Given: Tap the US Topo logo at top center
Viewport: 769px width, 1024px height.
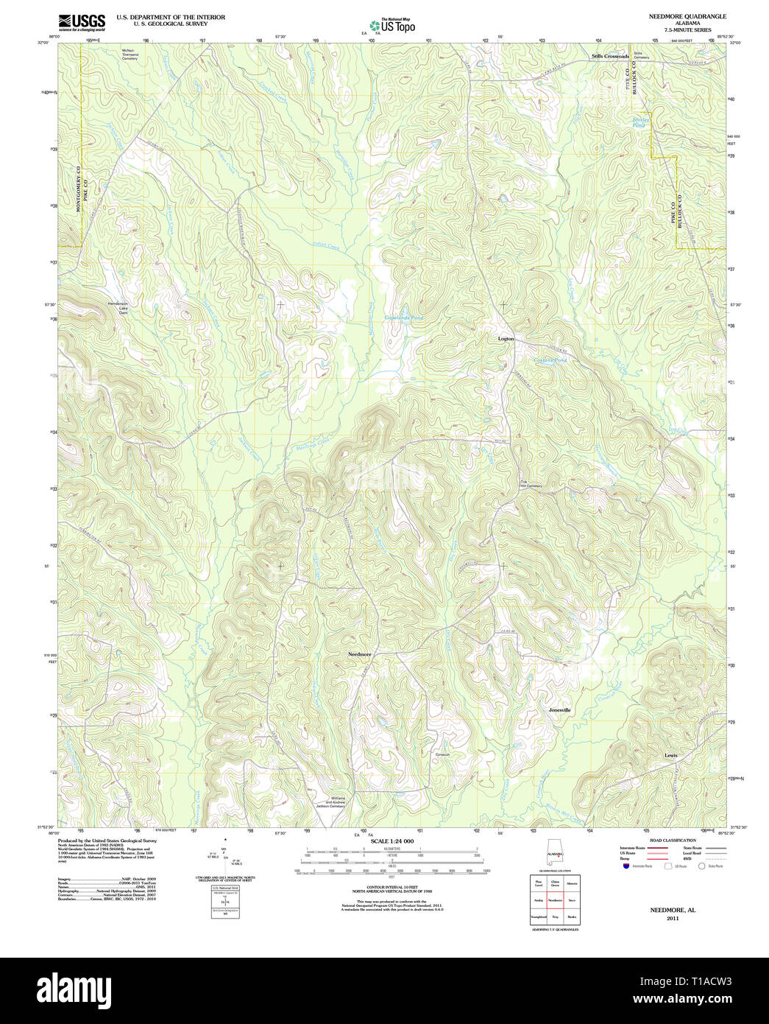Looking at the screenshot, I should [393, 25].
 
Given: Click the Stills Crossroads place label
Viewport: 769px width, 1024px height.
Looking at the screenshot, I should [611, 56].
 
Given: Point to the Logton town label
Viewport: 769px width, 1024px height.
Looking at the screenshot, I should [506, 339].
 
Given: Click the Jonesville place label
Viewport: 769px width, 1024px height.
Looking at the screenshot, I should [559, 710].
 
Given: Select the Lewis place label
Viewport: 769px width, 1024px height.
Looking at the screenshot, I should [670, 755].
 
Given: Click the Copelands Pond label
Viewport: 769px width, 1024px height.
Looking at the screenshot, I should [404, 318].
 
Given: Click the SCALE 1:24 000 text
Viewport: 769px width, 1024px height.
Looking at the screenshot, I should [392, 841].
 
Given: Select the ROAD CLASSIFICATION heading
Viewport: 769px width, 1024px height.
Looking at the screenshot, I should [667, 841].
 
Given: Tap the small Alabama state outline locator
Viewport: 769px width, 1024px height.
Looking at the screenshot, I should [554, 852].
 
